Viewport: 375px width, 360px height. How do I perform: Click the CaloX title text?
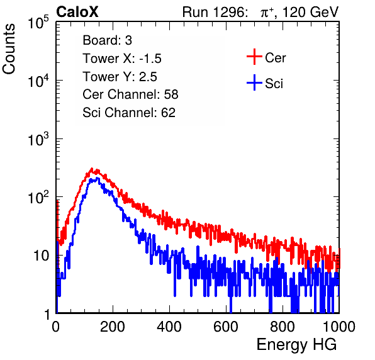(x=77, y=12)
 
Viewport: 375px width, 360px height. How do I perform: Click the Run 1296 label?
(x=215, y=12)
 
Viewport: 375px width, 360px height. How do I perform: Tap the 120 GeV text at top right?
(x=310, y=12)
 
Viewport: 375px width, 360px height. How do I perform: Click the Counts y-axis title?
(x=9, y=49)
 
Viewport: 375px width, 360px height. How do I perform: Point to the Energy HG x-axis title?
(x=296, y=345)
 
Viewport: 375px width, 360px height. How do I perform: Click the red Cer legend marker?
(x=254, y=57)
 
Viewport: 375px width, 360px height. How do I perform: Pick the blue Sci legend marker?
(x=254, y=82)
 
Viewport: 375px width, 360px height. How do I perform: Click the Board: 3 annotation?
(x=107, y=40)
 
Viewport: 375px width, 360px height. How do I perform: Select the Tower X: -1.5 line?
(x=122, y=59)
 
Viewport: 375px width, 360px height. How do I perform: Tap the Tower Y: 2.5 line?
(x=120, y=77)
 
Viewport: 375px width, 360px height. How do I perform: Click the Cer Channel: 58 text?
(x=130, y=94)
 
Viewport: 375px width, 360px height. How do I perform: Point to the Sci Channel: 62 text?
(x=129, y=113)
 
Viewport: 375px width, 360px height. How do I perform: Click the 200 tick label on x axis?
(x=113, y=327)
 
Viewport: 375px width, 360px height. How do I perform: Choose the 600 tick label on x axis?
(x=226, y=327)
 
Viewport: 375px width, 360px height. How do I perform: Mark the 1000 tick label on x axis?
(x=339, y=327)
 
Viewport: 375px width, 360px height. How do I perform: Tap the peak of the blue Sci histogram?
(x=98, y=177)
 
